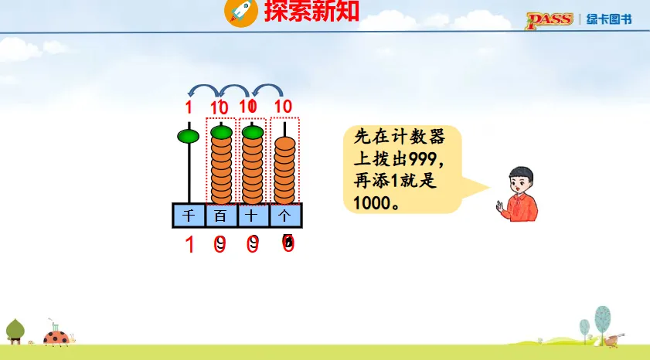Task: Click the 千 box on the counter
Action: [189, 216]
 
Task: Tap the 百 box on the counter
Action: [221, 216]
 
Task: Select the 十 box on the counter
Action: [253, 216]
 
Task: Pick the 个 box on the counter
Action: [284, 216]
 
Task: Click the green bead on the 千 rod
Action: [189, 138]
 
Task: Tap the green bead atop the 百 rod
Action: [221, 133]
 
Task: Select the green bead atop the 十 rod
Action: [253, 133]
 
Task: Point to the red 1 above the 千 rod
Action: [188, 107]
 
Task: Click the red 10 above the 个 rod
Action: [283, 107]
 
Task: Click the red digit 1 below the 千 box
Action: [189, 246]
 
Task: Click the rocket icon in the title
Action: [239, 12]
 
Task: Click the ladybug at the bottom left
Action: [56, 337]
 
